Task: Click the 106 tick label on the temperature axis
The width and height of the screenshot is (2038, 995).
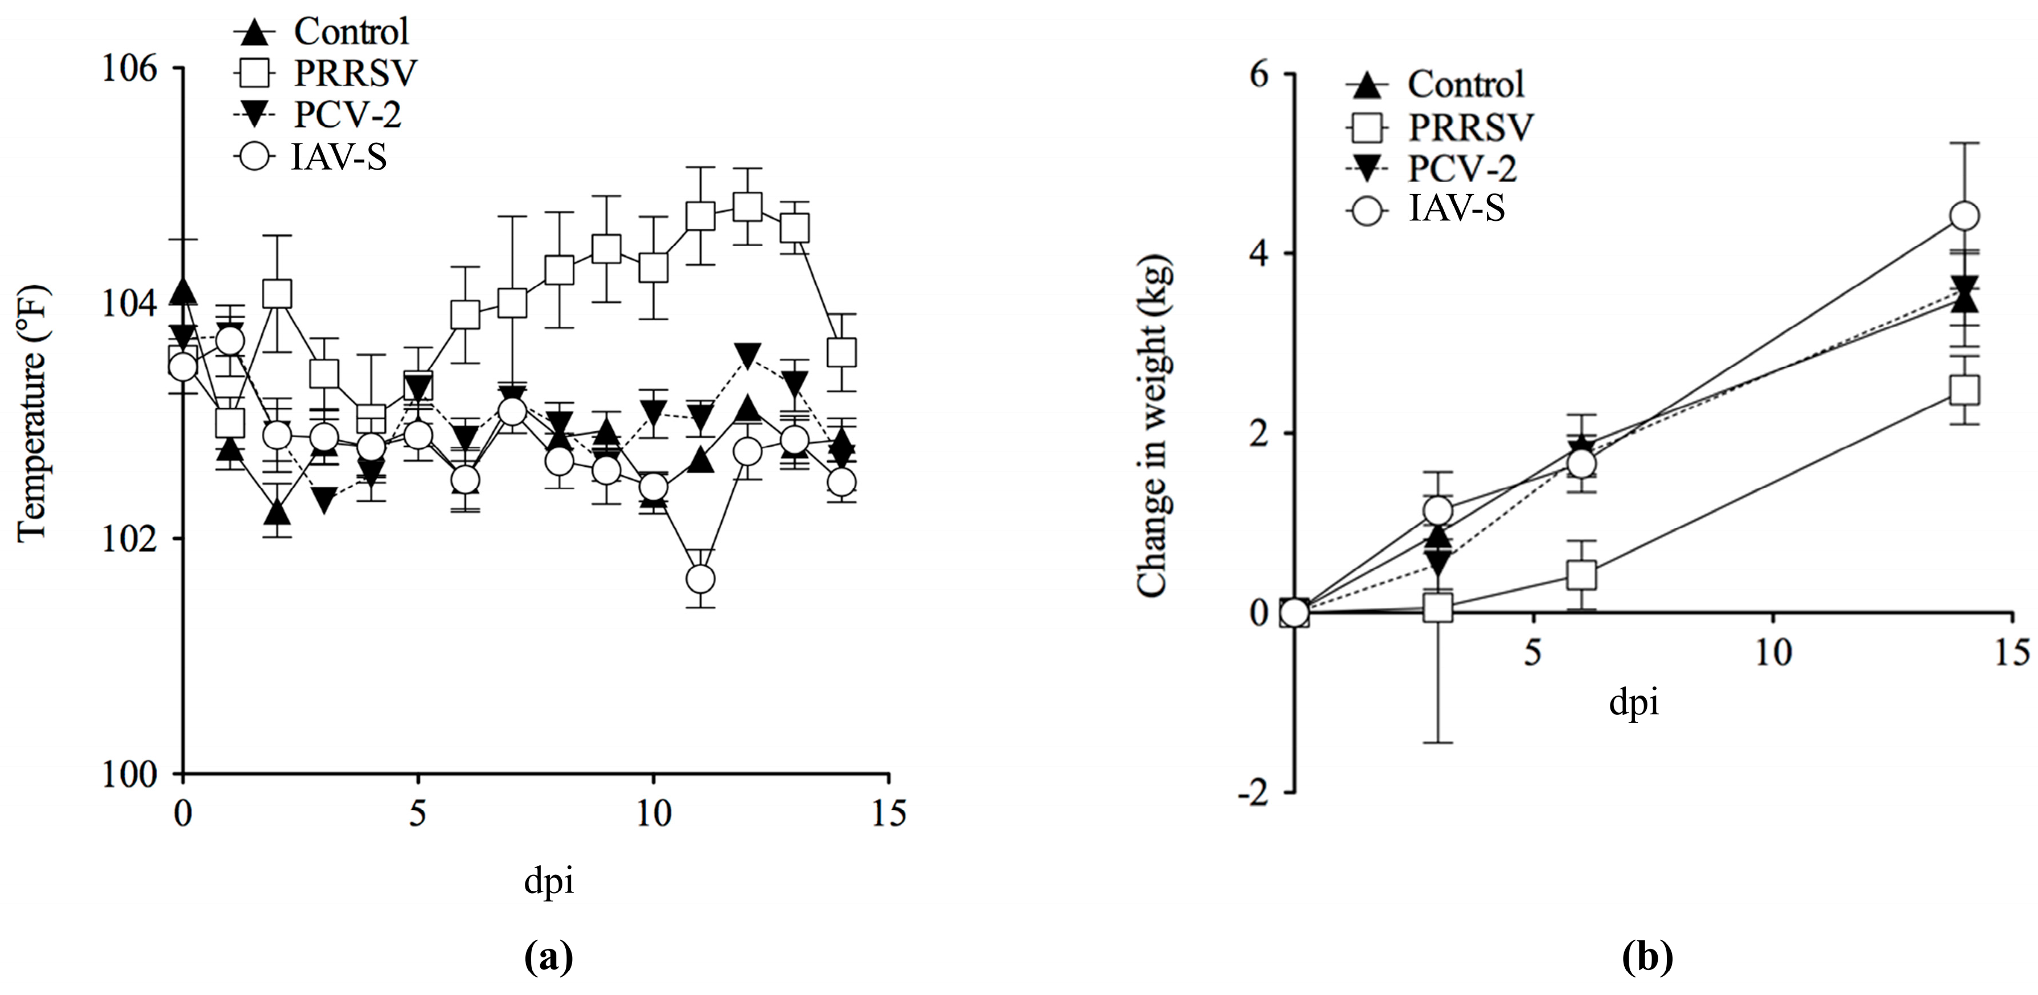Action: (130, 69)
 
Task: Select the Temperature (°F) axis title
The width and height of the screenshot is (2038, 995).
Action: (32, 414)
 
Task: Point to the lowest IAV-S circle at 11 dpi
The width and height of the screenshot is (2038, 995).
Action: (700, 579)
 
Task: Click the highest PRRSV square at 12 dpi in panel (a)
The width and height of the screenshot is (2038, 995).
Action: (747, 207)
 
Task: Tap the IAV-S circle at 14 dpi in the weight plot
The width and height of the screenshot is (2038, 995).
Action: (1965, 215)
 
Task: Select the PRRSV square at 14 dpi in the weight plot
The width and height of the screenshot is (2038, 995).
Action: (1965, 390)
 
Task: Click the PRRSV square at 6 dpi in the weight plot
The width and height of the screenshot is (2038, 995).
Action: (1581, 575)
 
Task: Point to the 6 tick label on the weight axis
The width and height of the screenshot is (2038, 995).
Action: (1258, 75)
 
